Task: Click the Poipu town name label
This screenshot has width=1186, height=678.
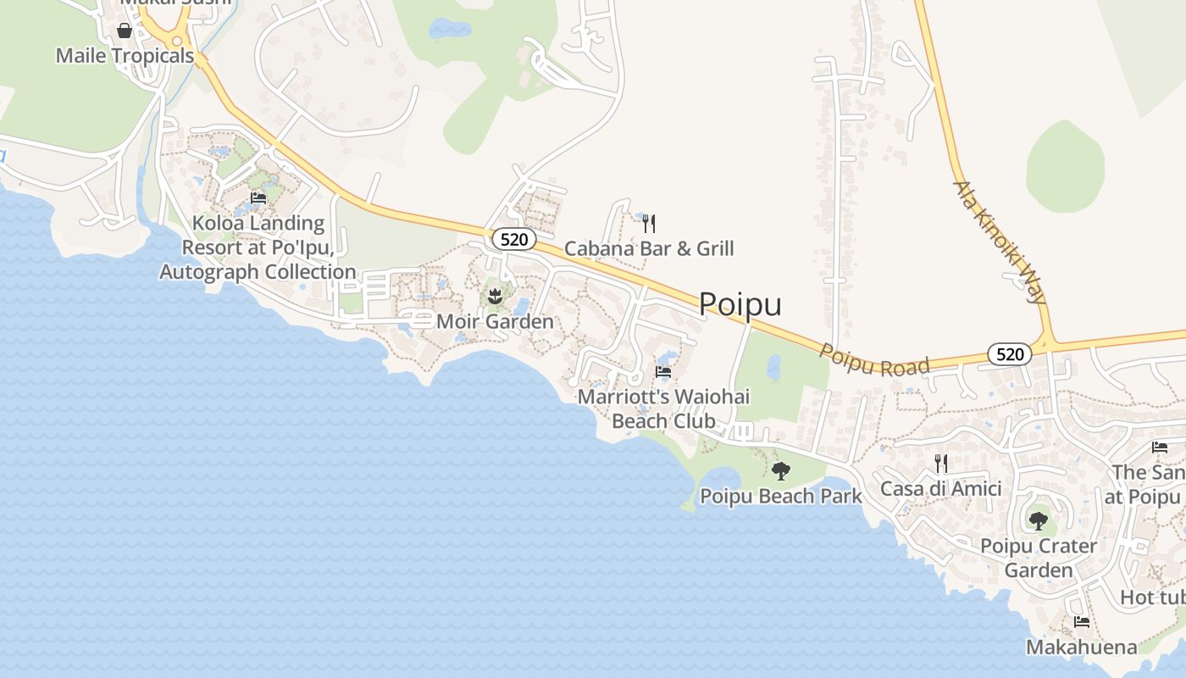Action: point(740,304)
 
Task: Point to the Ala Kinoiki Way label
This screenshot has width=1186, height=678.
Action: point(1000,242)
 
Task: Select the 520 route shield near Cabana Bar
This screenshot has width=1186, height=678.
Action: point(513,240)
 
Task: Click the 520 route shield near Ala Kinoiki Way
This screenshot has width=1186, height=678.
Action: point(1010,354)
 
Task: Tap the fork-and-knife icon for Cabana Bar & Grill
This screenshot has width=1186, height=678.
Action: point(649,224)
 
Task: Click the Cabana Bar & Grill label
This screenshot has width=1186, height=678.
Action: point(649,248)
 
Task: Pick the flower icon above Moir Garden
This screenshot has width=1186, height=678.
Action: point(496,297)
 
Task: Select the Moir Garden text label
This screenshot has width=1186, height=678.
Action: point(495,321)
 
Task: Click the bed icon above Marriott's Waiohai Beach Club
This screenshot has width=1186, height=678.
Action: point(663,371)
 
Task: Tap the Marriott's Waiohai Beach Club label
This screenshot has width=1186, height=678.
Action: point(663,408)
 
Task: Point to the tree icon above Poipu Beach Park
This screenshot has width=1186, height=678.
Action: point(781,470)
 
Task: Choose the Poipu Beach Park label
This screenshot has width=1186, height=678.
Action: point(781,496)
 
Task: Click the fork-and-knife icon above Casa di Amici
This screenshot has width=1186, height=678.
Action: point(941,464)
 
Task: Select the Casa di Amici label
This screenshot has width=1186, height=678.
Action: point(941,488)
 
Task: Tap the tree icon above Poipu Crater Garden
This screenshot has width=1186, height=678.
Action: point(1039,520)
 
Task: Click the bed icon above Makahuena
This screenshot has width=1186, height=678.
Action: point(1082,622)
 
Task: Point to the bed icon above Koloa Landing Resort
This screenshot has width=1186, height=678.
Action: point(258,198)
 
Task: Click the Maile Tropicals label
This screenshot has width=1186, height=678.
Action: point(125,56)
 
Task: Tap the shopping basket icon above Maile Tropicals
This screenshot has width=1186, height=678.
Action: point(125,31)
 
